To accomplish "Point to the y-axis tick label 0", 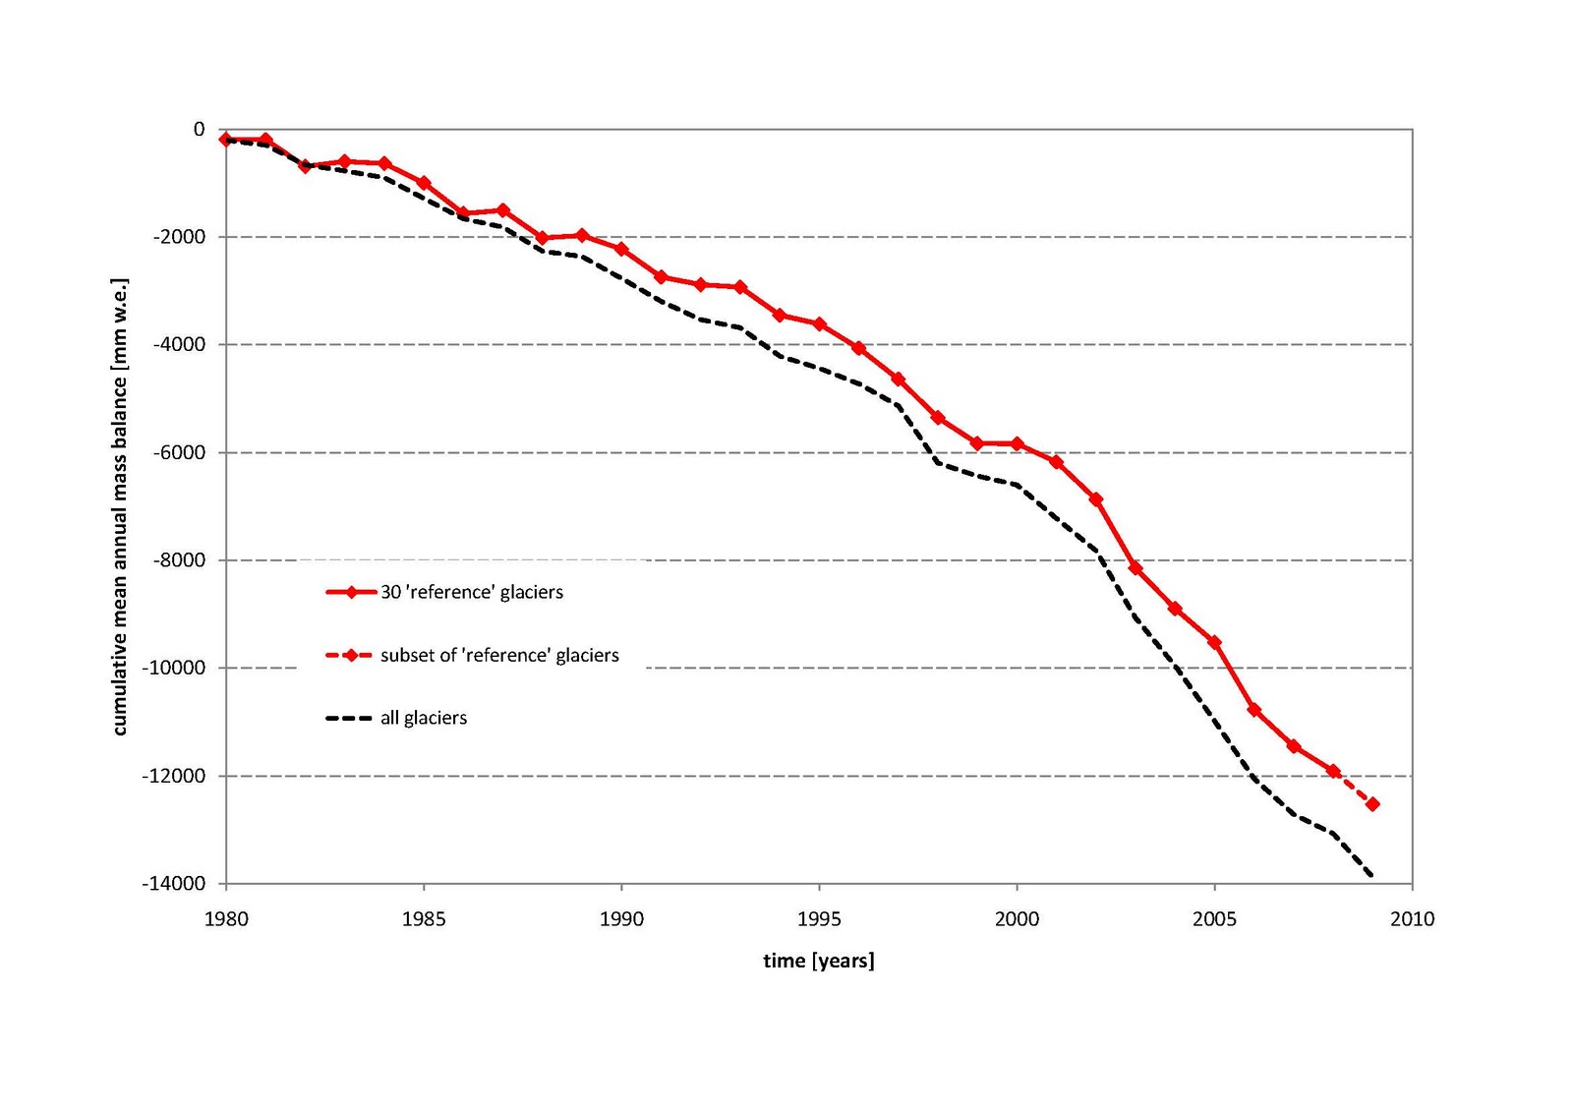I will (200, 129).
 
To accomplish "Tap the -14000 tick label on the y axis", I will (174, 884).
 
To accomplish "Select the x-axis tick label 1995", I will (819, 919).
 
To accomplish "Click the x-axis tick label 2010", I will (1412, 919).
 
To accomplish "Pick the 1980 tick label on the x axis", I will (226, 919).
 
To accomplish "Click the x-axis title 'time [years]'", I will (819, 961).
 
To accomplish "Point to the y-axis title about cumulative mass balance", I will (120, 506).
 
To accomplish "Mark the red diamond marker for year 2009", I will (1372, 804).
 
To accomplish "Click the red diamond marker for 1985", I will (424, 183).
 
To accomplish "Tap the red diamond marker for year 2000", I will (1017, 444).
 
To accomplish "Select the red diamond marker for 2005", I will (1214, 643).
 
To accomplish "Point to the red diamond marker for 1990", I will (621, 249).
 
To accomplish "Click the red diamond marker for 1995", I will (819, 324).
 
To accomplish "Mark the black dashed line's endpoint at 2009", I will (1371, 875).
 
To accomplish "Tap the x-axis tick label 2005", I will (1214, 919).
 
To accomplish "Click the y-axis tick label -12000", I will (174, 776).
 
